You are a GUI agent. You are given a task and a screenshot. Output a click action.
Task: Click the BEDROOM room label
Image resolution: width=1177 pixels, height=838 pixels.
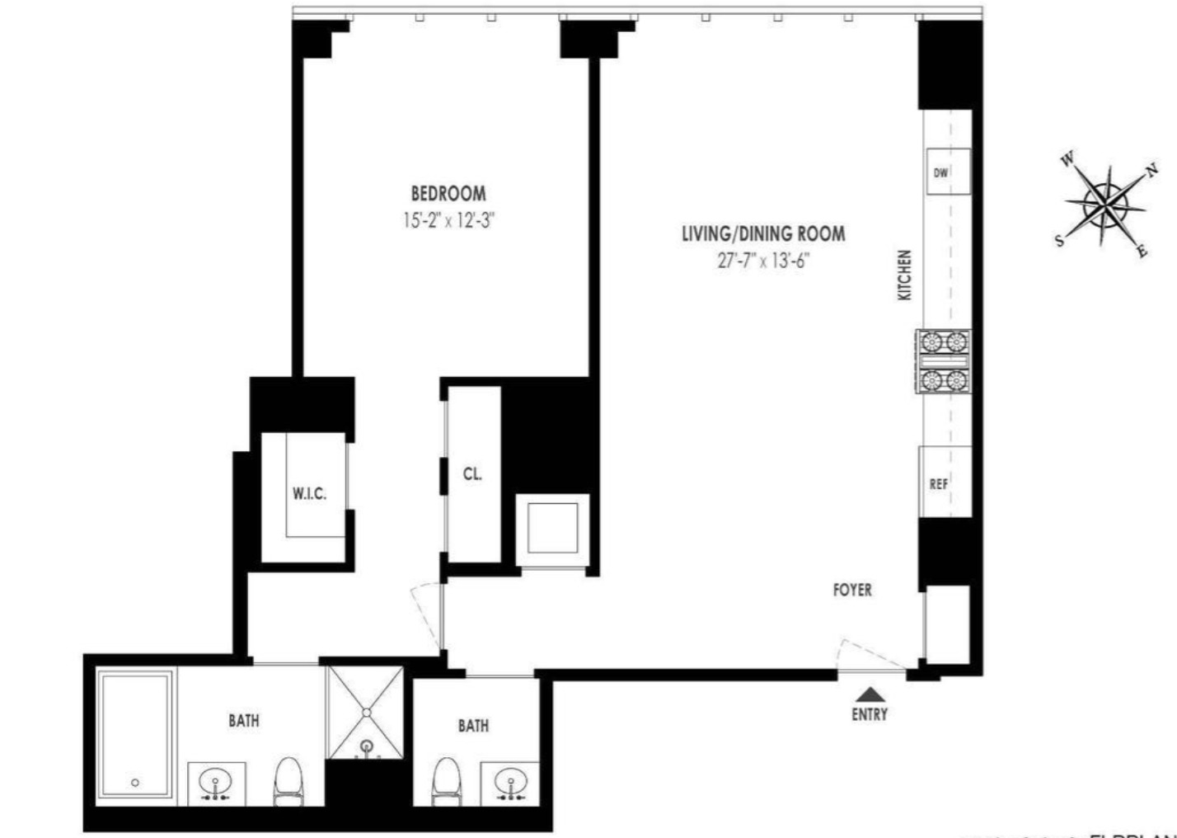448,194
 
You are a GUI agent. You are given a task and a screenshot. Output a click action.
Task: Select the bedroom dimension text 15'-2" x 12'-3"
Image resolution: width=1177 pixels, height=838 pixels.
448,220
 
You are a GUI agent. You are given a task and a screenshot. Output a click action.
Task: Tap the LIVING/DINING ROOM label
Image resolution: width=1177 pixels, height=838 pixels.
762,233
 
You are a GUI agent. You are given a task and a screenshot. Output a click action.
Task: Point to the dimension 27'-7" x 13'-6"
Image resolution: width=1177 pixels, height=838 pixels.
762,261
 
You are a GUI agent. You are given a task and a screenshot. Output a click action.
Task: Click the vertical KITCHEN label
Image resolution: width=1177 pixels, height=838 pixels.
905,275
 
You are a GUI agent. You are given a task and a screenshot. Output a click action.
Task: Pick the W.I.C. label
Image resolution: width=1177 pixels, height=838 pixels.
309,494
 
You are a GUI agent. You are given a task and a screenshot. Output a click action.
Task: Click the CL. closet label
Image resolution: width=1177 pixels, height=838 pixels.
472,474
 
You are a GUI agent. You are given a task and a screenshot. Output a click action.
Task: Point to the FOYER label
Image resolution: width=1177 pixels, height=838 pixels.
851,590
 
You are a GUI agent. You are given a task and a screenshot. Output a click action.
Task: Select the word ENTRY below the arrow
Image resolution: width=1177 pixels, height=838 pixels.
870,714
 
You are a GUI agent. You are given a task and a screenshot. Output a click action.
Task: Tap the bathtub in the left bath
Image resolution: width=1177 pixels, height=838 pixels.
135,736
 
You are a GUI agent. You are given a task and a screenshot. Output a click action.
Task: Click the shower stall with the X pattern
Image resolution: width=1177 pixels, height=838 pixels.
366,711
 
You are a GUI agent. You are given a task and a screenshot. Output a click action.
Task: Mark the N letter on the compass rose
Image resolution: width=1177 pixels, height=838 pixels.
1151,172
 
